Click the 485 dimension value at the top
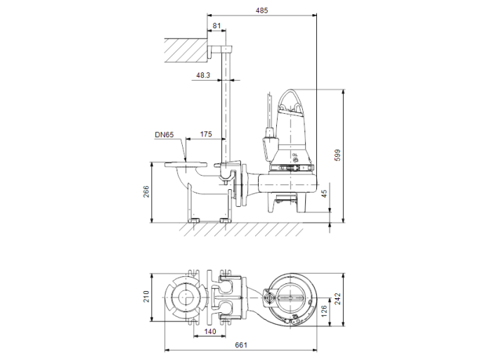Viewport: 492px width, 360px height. (x=262, y=11)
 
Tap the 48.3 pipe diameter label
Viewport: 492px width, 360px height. (x=203, y=75)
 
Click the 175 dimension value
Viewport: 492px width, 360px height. (x=206, y=134)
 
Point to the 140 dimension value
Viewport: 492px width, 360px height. (x=209, y=330)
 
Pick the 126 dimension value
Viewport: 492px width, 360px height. (x=325, y=311)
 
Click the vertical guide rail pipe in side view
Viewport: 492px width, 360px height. (x=228, y=105)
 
